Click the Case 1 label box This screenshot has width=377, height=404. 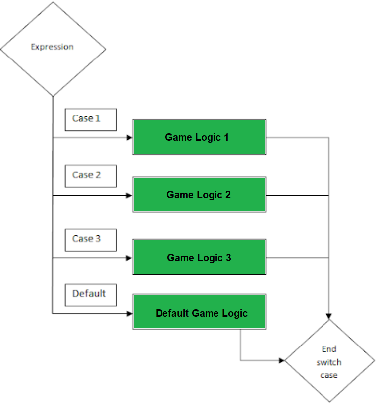tap(91, 119)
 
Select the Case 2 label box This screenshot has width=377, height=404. tap(91, 176)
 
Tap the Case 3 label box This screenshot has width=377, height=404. tap(91, 239)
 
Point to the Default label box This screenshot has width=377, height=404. tap(91, 294)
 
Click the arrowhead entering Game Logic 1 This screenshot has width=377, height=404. tap(129, 138)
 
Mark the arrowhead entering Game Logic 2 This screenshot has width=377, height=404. tap(129, 195)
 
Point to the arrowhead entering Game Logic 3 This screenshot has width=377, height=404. tap(129, 258)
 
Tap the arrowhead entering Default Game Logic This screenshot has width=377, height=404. tap(129, 313)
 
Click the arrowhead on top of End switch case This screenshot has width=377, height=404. tap(329, 316)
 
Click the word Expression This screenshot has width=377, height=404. tap(52, 47)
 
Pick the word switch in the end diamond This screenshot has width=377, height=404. tap(329, 362)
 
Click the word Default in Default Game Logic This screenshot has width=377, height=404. tap(172, 313)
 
